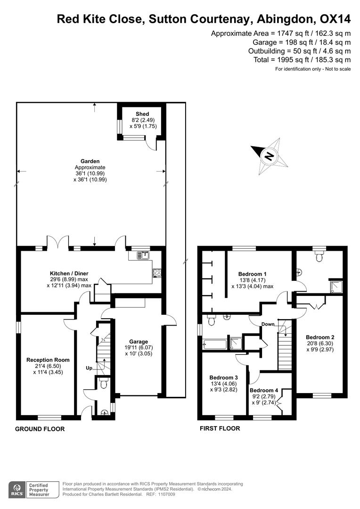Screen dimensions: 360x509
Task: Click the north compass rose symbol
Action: point(269,156)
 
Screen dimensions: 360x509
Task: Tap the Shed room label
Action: point(142,114)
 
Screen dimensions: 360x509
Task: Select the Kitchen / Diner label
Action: point(69,274)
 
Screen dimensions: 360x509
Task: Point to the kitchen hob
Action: point(156,273)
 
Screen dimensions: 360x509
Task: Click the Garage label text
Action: point(139,342)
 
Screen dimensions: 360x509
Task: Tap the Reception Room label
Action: point(48,360)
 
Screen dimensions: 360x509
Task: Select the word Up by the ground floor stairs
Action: point(89,368)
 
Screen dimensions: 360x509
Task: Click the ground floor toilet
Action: point(104,384)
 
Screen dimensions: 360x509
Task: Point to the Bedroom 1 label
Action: point(252,274)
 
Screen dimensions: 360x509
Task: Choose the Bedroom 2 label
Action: point(320,337)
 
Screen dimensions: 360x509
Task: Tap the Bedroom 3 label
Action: point(223,378)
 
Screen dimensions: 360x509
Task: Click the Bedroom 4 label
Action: point(263,390)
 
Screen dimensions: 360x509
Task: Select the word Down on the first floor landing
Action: point(268,324)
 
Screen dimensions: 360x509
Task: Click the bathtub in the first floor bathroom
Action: point(215,345)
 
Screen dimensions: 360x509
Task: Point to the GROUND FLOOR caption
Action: point(40,429)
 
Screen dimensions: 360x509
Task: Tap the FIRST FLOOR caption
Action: point(220,428)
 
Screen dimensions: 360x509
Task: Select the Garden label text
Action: point(90,161)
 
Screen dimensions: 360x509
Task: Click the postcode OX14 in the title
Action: point(335,19)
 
